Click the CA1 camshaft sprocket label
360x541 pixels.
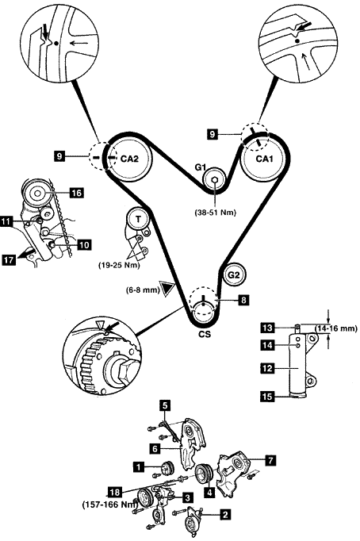pos(265,159)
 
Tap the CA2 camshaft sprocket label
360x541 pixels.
pos(129,159)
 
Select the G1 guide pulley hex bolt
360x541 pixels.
pos(214,179)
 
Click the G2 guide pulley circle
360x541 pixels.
pos(233,275)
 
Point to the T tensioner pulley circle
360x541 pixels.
pos(138,219)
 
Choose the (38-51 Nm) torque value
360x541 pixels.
pos(216,213)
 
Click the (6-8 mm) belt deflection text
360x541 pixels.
pos(143,290)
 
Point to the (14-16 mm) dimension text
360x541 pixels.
pos(336,328)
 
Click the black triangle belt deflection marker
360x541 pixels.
pos(169,289)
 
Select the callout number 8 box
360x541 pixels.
pos(243,300)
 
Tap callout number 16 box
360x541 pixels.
pos(77,193)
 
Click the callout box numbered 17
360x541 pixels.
pos(9,259)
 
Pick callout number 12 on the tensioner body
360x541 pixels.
pos(267,369)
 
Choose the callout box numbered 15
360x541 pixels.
pos(267,397)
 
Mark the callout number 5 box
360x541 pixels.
pos(165,405)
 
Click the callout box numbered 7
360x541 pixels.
pos(270,460)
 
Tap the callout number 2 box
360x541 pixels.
pos(225,515)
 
